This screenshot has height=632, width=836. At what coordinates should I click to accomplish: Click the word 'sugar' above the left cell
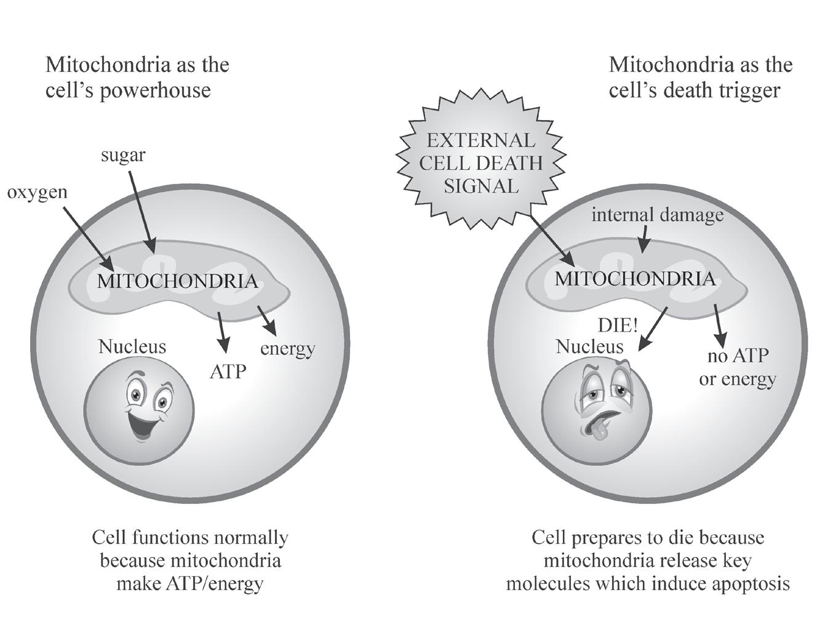pos(123,155)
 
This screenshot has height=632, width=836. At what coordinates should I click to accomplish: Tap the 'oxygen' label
pos(37,192)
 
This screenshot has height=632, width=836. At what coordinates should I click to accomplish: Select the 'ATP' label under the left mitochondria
pos(228,372)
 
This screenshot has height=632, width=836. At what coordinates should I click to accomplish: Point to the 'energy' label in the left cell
pos(287,349)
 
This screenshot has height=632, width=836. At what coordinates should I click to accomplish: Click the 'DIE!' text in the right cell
pos(618,325)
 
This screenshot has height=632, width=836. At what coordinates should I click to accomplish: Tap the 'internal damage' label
pos(657,215)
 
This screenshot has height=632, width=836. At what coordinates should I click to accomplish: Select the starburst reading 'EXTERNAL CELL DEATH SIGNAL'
pos(481,163)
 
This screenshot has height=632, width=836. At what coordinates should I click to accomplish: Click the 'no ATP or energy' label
pos(737,367)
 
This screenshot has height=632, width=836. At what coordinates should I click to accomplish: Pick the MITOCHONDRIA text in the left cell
pos(177,281)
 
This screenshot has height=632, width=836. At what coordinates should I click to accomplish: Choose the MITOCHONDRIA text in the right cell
pos(635,279)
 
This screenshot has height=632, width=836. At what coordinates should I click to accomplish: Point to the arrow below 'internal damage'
pos(643,239)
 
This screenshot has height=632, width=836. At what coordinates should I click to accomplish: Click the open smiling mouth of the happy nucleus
pos(141,425)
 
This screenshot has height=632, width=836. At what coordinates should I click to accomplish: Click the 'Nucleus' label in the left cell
pos(132,346)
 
